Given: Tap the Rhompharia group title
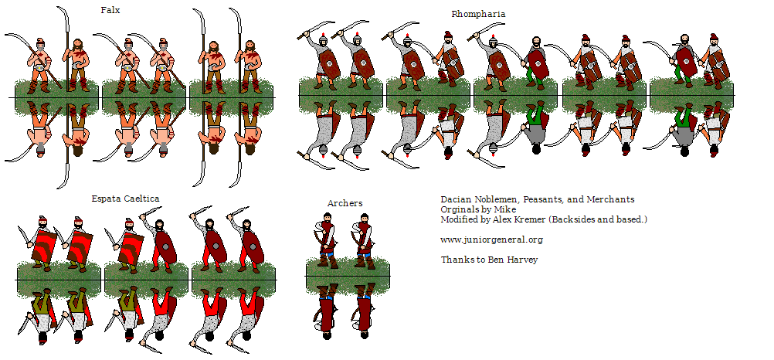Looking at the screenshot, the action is (478, 15).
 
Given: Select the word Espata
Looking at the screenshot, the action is (105, 199).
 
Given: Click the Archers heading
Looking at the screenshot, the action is (345, 203).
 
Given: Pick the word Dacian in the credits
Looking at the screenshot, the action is (457, 199).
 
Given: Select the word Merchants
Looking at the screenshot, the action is (610, 199).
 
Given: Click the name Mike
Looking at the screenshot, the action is (505, 209).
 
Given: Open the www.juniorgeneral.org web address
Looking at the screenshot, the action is (491, 240).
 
